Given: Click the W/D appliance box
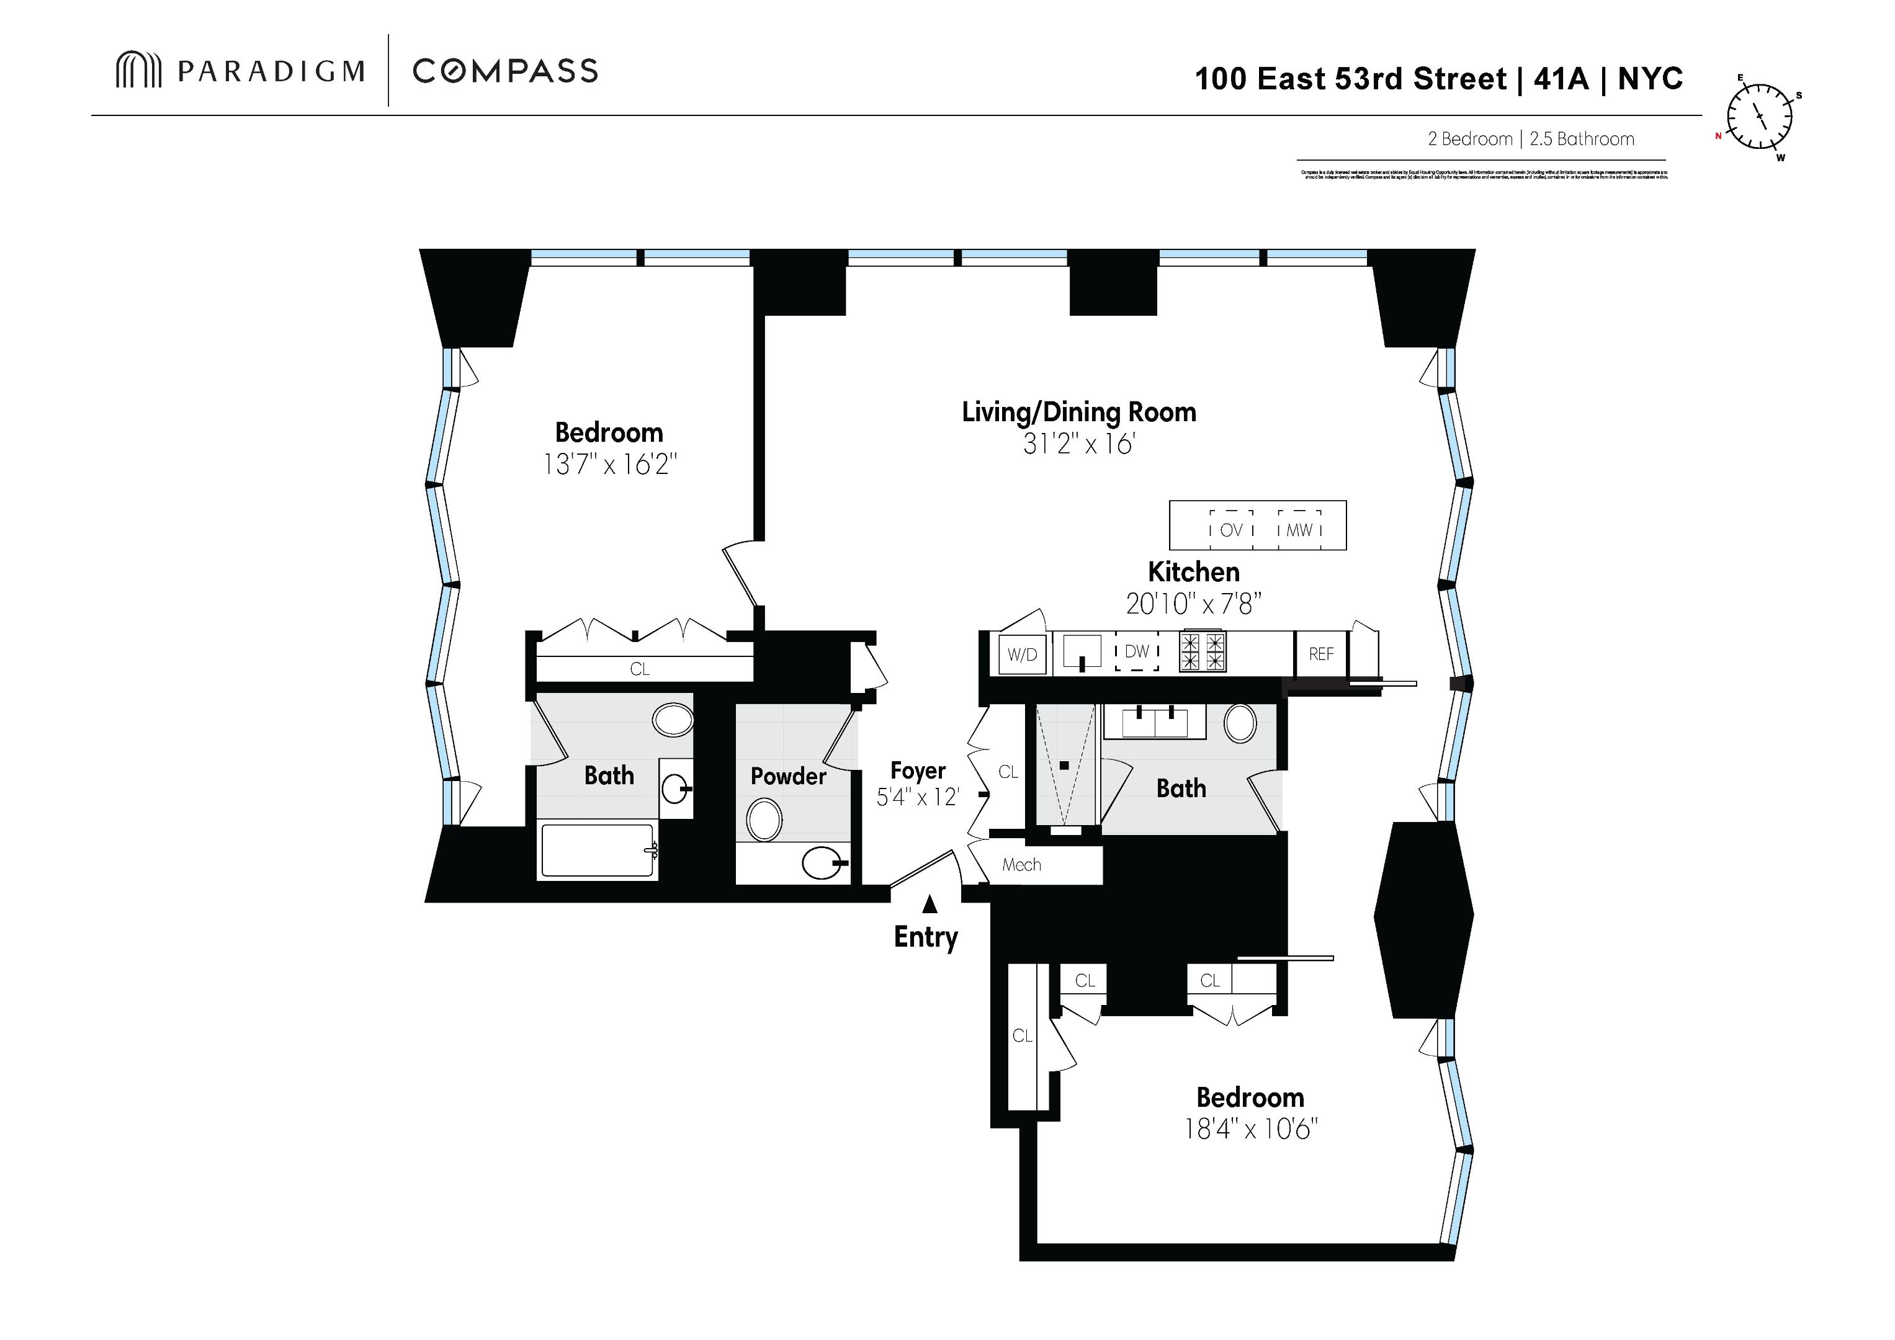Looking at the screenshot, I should pos(1022,654).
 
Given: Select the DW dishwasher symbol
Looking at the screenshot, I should pos(1137,652).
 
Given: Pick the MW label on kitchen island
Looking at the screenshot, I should pos(1299,530).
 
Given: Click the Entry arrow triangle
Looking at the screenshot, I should pos(930,904).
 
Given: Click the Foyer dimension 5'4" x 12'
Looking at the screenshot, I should pos(917,797).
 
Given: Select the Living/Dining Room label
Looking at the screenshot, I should pos(1078,412).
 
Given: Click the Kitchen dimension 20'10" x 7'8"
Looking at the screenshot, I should pos(1193,605).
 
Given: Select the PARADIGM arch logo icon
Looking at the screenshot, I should pos(138,70).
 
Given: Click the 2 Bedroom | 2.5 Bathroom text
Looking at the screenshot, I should pos(1531,138).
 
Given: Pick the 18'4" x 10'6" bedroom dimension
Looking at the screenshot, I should pos(1250,1129).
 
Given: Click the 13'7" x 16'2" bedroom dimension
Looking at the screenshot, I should pos(609,465).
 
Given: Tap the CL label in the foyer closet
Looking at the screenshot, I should pos(1008,772).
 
